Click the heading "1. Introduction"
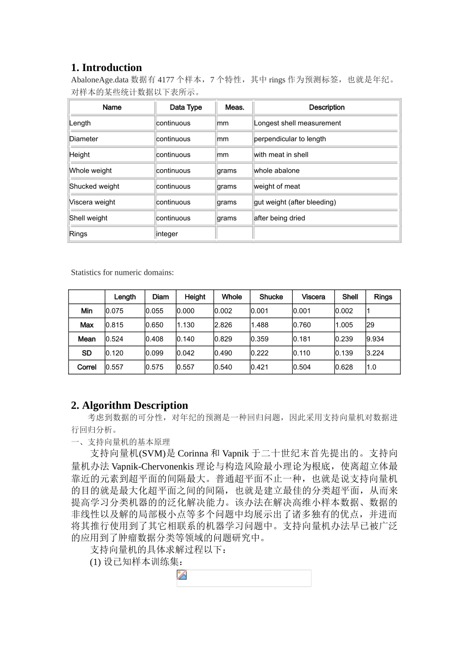[x=106, y=68]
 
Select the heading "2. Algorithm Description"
[x=129, y=405]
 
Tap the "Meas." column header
[x=234, y=108]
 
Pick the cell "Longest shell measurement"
[x=297, y=123]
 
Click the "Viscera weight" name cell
[x=92, y=202]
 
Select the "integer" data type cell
[x=167, y=234]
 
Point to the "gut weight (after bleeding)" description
[x=295, y=202]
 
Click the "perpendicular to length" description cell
[x=290, y=139]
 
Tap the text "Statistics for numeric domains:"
[x=122, y=272]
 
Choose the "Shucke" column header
[x=271, y=297]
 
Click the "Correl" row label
[x=87, y=367]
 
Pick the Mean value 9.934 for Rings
[x=375, y=339]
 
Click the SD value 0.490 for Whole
[x=223, y=353]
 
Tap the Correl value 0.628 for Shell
[x=344, y=367]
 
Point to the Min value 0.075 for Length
[x=115, y=311]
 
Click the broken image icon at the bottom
[x=182, y=575]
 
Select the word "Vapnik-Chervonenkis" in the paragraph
[x=153, y=466]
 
